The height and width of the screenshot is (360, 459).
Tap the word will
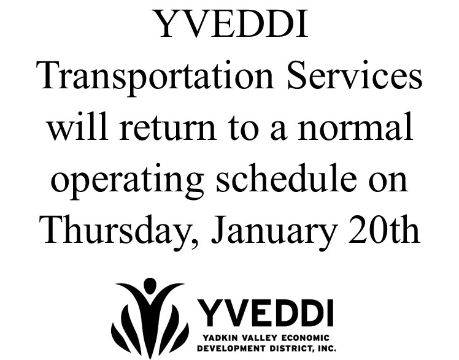pyautogui.click(x=77, y=125)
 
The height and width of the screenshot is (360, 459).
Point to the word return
pyautogui.click(x=168, y=126)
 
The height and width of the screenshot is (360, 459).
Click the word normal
pyautogui.click(x=355, y=125)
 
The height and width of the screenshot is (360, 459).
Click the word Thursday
pyautogui.click(x=117, y=231)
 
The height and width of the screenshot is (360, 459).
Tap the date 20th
pyautogui.click(x=384, y=229)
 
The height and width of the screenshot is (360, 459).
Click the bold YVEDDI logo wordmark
pyautogui.click(x=266, y=313)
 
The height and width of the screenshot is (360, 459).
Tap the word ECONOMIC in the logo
pyautogui.click(x=306, y=338)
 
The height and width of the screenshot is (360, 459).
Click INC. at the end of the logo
pyautogui.click(x=327, y=348)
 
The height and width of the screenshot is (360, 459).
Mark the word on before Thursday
pyautogui.click(x=388, y=181)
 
